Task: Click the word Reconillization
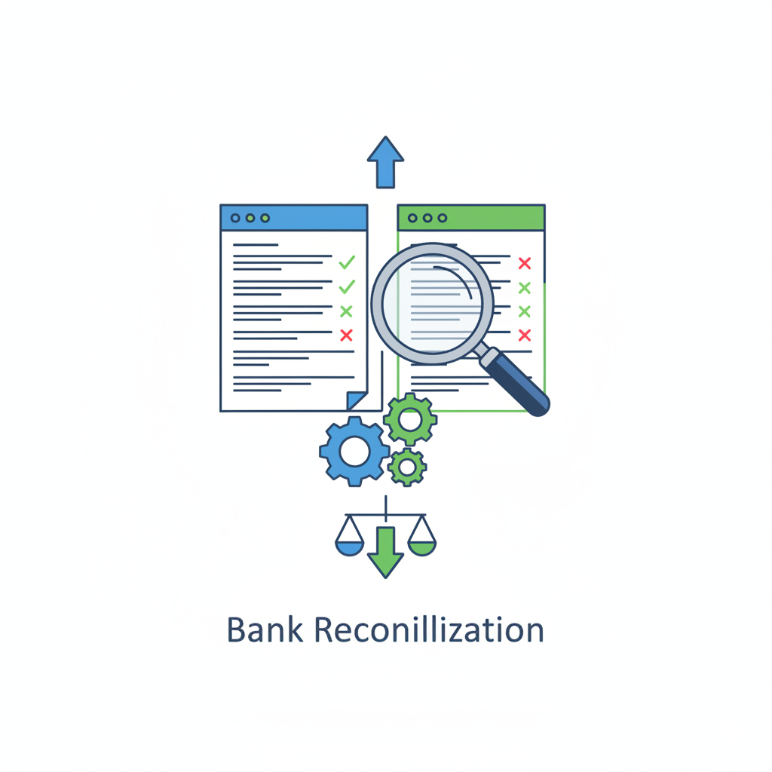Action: coord(428,630)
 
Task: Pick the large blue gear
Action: coord(354,451)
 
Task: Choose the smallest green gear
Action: coord(407,467)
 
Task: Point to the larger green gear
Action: coord(410,418)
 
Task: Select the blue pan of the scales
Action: coord(349,547)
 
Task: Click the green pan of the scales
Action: coord(421,547)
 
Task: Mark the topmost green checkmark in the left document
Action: coord(347,262)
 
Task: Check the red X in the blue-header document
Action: coord(346,335)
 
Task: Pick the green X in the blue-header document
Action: coord(346,311)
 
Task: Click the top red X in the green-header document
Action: coord(525,263)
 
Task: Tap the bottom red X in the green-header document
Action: coord(525,335)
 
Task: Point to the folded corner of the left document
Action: coord(355,400)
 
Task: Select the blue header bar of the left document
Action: coord(294,218)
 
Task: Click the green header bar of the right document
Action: coord(471,218)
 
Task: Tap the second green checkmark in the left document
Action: coord(347,287)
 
